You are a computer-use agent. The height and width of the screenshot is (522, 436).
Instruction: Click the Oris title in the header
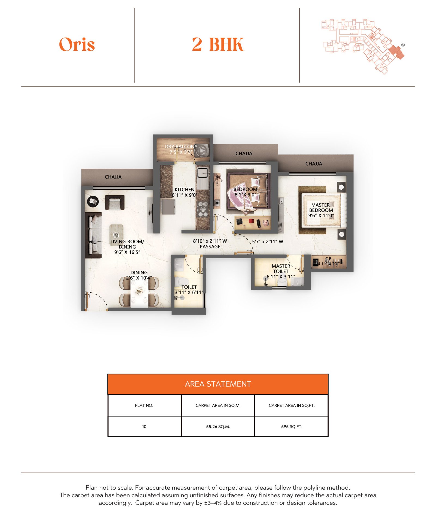coord(77,44)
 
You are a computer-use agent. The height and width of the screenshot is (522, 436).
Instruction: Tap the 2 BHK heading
coord(218,44)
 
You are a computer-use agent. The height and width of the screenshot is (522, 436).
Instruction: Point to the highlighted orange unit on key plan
coord(396,52)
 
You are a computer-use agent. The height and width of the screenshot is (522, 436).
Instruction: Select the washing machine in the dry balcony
coord(202,150)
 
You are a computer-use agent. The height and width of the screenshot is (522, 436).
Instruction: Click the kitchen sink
coord(202,172)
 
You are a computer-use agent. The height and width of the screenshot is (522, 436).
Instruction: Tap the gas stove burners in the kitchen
coord(203,209)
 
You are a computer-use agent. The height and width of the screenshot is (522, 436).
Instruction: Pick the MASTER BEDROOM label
coord(321,210)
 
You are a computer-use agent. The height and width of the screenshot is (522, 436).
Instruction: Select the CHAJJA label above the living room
coord(113,177)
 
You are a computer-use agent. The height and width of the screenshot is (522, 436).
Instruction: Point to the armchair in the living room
coord(115,203)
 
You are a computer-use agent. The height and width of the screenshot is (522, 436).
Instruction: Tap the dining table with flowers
coord(139,292)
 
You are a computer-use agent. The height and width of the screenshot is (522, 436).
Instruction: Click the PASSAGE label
coord(210,247)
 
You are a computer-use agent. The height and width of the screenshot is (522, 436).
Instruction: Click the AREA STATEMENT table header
coord(218,384)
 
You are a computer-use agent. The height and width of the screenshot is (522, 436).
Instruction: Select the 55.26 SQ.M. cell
coord(218,426)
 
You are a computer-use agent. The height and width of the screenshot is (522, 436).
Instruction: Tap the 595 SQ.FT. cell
coord(292,426)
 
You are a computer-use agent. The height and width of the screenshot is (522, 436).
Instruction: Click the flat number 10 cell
coord(144,426)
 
